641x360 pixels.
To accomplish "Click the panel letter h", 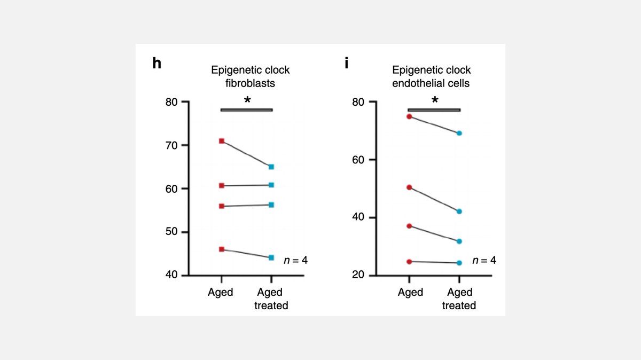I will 157,63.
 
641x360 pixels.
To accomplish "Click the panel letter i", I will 347,63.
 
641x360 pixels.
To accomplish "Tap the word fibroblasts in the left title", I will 250,83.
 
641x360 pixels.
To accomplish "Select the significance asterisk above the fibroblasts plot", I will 247,101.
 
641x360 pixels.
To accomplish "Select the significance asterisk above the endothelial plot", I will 435,101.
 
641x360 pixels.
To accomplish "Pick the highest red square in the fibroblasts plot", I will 222,141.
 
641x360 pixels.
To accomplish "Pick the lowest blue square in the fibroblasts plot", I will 271,257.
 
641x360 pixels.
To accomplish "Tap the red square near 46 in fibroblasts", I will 222,249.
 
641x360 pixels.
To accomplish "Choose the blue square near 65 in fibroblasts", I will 271,167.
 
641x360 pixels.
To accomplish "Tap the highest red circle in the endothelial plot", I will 409,116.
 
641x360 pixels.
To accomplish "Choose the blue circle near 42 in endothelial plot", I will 459,212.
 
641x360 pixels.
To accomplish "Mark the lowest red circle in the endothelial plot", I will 409,262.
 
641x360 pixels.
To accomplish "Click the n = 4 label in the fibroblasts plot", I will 295,261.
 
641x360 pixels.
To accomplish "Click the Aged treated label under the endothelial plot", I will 459,299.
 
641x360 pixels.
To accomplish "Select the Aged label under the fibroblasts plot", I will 221,292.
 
